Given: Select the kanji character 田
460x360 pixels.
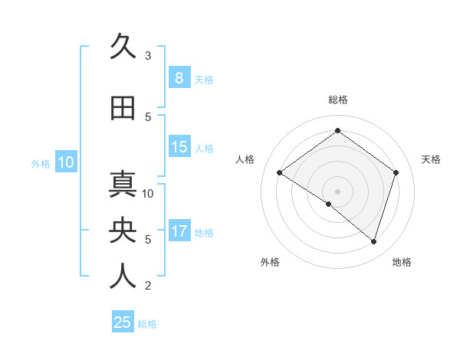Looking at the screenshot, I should click(123, 108).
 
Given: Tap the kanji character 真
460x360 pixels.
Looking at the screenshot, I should click(123, 185).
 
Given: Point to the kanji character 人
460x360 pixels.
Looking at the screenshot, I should click(123, 277).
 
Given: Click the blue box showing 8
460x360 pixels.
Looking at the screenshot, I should click(179, 78).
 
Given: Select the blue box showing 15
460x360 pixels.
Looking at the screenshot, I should click(179, 147).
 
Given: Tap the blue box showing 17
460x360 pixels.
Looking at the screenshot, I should click(179, 231).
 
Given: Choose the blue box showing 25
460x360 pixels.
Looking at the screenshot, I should click(123, 322).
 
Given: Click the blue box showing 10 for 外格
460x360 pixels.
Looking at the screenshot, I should click(65, 162).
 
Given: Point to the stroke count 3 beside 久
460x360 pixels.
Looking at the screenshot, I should click(148, 56).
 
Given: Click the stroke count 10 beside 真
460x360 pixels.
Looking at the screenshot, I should click(149, 193).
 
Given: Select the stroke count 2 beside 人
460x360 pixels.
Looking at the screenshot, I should click(148, 286).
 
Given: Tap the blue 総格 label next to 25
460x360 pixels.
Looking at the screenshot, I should click(148, 324).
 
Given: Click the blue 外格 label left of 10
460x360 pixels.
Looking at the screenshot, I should click(40, 163).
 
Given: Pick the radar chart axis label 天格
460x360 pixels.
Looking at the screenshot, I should click(432, 159).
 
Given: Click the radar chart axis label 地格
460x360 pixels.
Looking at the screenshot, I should click(402, 262).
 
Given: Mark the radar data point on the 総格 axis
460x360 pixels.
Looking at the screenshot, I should click(337, 131).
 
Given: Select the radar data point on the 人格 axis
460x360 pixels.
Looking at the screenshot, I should click(280, 173).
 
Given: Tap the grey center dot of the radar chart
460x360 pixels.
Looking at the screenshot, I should click(337, 191).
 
